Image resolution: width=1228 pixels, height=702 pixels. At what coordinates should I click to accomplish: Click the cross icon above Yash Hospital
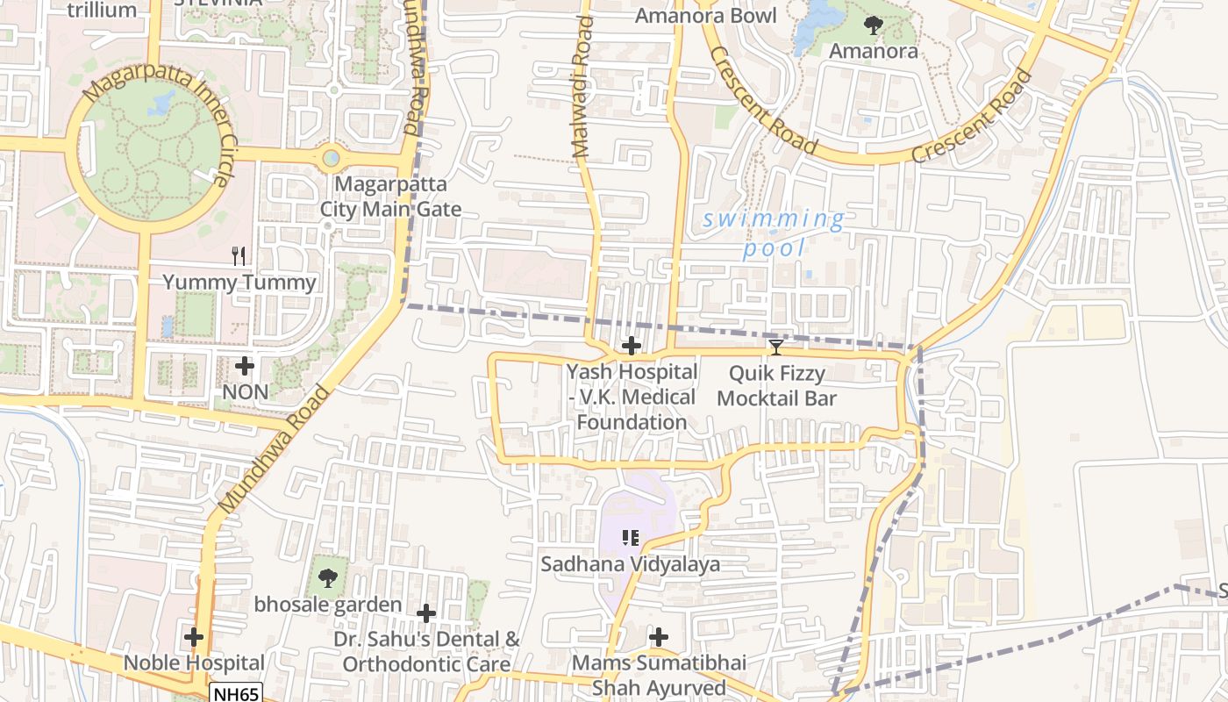tap(631, 346)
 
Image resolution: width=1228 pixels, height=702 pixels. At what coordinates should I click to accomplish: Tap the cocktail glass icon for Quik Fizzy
tap(776, 347)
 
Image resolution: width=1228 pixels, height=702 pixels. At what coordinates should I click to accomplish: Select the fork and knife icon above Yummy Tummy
tap(239, 256)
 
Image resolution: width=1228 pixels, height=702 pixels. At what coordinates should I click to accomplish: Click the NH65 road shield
tap(236, 693)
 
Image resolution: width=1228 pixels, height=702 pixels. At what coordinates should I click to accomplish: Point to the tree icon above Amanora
tap(873, 25)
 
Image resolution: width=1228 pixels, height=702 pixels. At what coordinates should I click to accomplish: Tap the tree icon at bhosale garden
tap(328, 578)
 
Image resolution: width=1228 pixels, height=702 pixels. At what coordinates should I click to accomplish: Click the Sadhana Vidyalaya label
tap(630, 564)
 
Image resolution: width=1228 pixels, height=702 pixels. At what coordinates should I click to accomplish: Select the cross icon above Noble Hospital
tap(194, 637)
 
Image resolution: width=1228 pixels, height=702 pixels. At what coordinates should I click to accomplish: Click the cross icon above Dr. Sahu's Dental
tap(426, 612)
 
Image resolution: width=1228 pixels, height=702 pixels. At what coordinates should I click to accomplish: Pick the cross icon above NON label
tap(246, 366)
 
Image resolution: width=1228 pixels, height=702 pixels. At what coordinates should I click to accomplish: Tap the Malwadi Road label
tap(582, 93)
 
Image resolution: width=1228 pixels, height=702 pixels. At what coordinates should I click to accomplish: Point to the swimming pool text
tap(774, 233)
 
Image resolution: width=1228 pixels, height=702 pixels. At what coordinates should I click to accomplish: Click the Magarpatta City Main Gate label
tap(390, 197)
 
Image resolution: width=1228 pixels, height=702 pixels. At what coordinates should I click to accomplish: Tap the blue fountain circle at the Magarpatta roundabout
tap(331, 158)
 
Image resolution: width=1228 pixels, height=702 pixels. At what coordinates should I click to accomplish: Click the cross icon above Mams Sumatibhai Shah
tap(659, 637)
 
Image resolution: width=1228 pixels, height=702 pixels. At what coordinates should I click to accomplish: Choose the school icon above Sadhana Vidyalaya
tap(630, 537)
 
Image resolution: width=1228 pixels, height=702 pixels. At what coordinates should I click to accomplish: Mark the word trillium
tap(102, 11)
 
